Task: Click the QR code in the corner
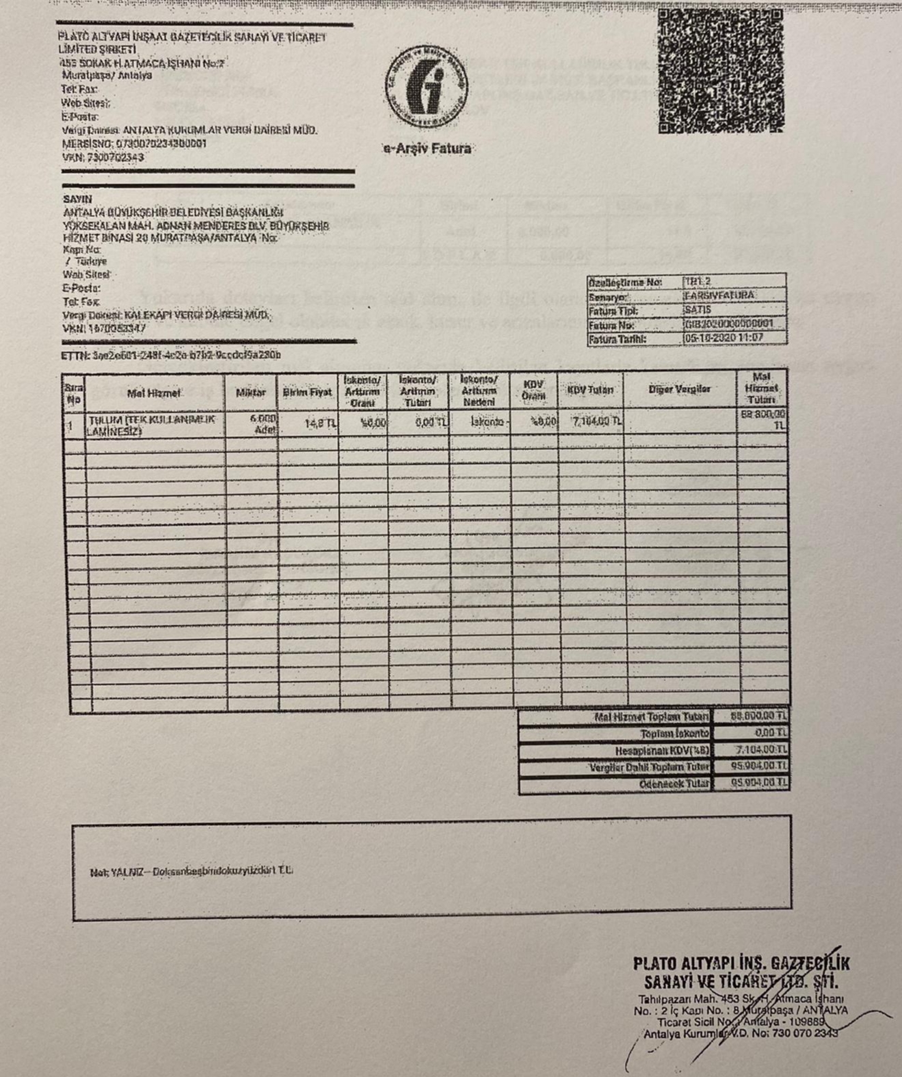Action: click(x=720, y=70)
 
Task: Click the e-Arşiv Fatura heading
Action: click(x=427, y=148)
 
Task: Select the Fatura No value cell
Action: click(x=733, y=324)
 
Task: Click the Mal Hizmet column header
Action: click(x=154, y=393)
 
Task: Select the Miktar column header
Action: click(x=250, y=393)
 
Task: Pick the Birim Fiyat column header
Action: click(x=307, y=393)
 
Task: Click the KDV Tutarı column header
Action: click(x=589, y=390)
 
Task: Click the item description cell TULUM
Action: click(x=155, y=425)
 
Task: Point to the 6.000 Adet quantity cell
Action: click(x=263, y=424)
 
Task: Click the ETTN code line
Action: click(x=171, y=355)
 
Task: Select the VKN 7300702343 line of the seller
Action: click(x=103, y=157)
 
